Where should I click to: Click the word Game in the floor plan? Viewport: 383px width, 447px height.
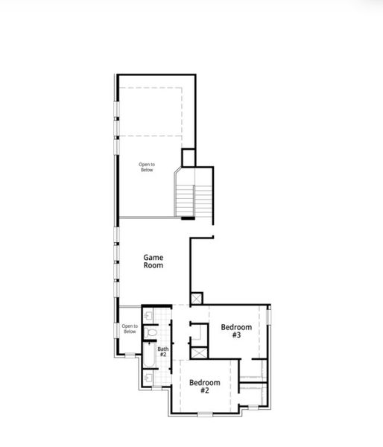[153, 257]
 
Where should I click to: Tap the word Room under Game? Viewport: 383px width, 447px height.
[153, 265]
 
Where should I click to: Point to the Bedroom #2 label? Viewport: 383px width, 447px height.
[204, 386]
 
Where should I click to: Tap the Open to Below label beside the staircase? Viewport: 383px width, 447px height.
[147, 168]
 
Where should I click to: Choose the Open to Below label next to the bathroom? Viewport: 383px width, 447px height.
[130, 329]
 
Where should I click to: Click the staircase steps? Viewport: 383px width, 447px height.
[194, 200]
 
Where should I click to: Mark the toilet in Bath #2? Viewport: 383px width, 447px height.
[151, 332]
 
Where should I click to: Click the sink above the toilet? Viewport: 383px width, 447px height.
[148, 315]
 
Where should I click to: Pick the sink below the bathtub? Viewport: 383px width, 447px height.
[148, 378]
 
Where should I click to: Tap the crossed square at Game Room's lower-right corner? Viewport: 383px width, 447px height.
[197, 297]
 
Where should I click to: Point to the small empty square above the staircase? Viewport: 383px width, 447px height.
[189, 158]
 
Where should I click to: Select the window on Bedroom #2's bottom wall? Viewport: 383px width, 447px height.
[204, 413]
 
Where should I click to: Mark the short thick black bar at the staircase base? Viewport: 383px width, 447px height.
[187, 218]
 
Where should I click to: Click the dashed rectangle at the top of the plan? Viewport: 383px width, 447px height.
[150, 112]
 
